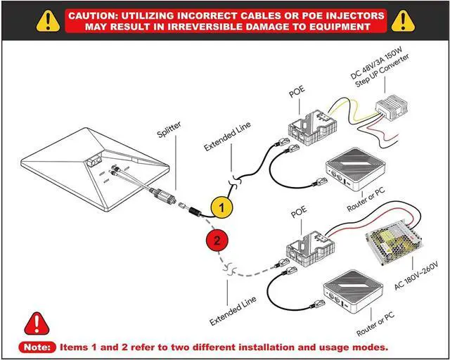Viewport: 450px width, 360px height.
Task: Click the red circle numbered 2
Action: pos(218,240)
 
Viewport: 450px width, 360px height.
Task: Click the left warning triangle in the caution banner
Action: pos(47,20)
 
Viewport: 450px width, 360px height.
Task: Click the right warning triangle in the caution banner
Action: pos(404,20)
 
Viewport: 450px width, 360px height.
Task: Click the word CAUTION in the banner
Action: pos(98,15)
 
